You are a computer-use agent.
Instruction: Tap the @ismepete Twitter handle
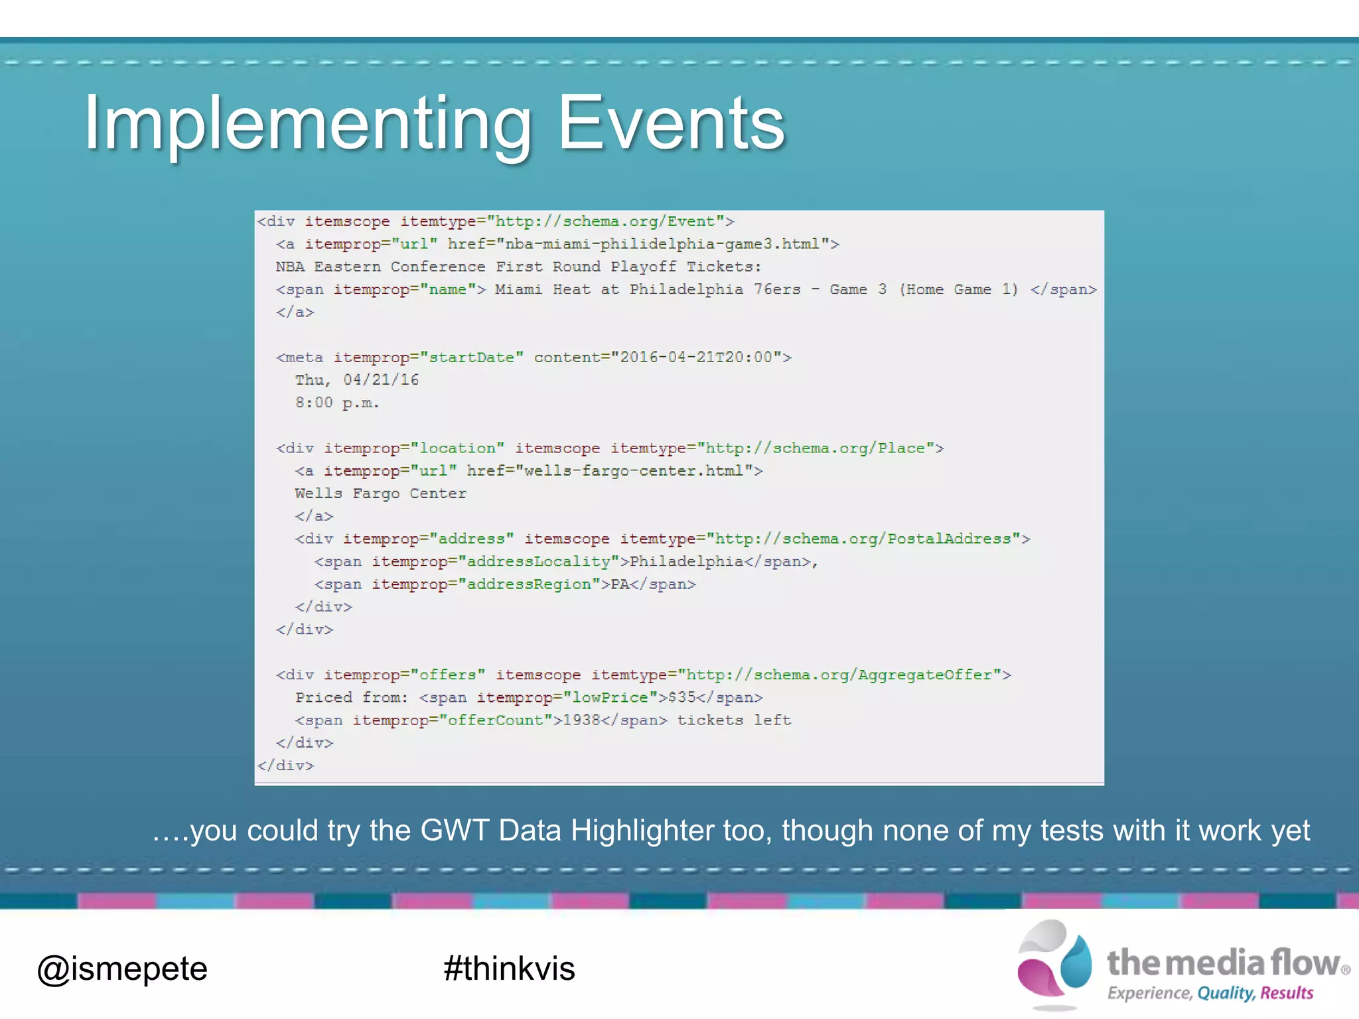(x=122, y=969)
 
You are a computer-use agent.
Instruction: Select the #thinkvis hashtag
(x=509, y=969)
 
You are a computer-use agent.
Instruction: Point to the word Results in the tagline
(x=1287, y=993)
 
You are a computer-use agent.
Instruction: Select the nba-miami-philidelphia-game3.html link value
(x=667, y=244)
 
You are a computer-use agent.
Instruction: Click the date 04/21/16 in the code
(x=381, y=380)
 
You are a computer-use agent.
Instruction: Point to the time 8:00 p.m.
(x=337, y=403)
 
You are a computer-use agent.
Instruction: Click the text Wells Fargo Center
(x=380, y=494)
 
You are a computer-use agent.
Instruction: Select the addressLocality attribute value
(x=538, y=562)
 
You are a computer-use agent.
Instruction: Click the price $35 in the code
(x=682, y=698)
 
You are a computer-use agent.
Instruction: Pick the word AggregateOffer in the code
(x=925, y=675)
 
